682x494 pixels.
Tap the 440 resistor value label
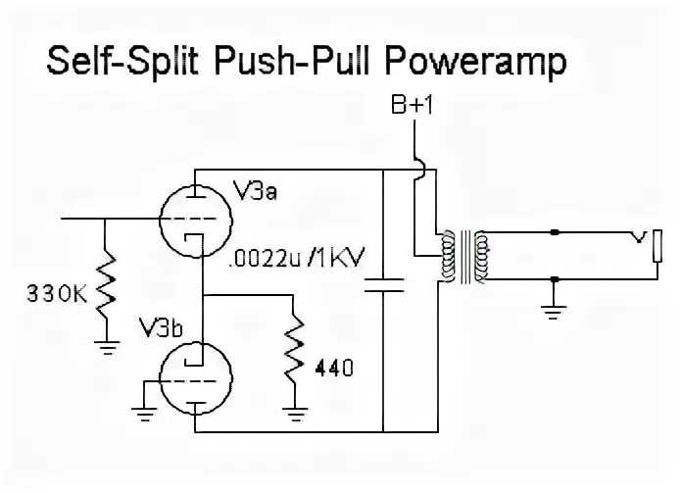coord(333,370)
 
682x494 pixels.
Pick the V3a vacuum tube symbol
coord(197,218)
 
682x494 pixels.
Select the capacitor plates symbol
coord(383,286)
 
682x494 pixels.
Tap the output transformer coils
coord(465,257)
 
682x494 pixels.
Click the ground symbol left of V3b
coord(144,412)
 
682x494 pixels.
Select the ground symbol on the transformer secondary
coord(555,313)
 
